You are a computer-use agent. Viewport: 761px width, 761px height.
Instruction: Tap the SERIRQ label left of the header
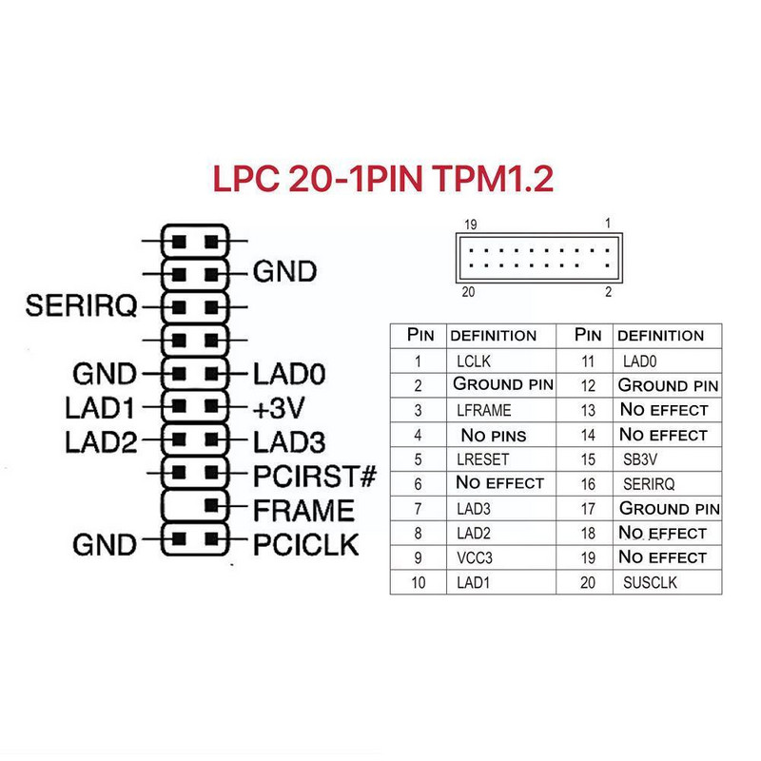[82, 306]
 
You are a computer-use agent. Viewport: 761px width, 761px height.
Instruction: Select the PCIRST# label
[316, 474]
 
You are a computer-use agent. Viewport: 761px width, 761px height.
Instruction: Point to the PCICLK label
[305, 544]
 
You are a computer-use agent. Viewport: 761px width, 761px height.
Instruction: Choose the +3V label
[280, 408]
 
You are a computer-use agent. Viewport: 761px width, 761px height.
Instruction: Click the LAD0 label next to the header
[289, 373]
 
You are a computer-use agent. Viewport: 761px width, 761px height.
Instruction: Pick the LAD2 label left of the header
[100, 441]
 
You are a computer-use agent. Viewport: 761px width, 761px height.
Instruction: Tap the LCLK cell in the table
[474, 361]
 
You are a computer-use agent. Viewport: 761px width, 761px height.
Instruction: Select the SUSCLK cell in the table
[650, 582]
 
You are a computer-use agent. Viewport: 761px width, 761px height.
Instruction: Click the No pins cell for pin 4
[493, 435]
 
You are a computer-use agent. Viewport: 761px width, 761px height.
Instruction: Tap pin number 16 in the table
[588, 484]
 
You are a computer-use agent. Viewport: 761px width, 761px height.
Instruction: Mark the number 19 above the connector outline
[470, 224]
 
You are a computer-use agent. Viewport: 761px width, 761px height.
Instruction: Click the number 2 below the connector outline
[608, 291]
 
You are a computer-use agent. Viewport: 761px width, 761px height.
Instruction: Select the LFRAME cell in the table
[484, 410]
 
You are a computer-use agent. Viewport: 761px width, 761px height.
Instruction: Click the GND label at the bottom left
[105, 545]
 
